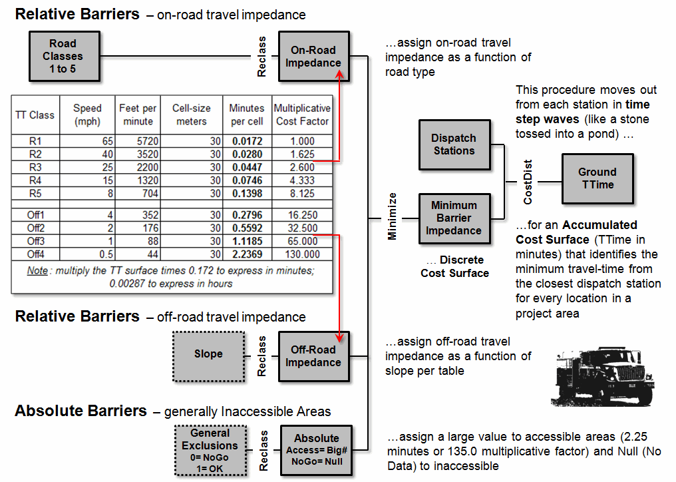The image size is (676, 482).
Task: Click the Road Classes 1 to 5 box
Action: click(x=63, y=56)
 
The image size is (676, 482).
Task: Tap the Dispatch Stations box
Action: click(x=454, y=144)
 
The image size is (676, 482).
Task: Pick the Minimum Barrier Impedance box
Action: click(x=454, y=218)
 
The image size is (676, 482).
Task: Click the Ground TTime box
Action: click(x=597, y=178)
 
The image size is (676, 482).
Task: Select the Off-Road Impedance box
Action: click(x=313, y=356)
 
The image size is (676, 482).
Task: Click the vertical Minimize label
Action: click(x=393, y=216)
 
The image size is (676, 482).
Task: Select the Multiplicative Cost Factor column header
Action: click(x=302, y=115)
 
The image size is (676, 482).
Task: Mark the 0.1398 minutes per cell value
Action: click(x=246, y=194)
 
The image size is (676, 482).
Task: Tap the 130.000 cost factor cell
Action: click(x=303, y=254)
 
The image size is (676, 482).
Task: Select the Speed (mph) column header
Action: click(x=87, y=115)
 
